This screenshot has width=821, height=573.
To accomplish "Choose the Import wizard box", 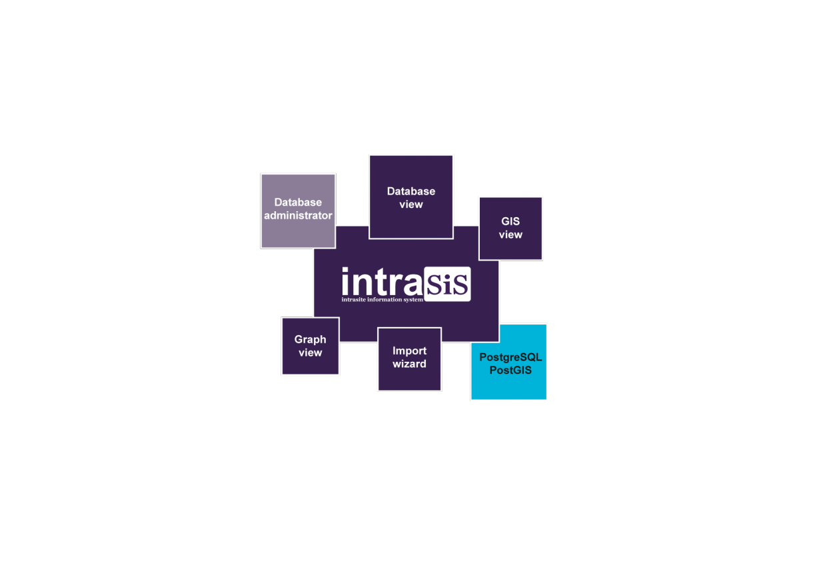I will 409,377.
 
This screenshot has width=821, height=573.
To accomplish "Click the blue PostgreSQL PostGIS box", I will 509,386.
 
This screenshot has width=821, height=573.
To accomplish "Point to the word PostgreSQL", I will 510,357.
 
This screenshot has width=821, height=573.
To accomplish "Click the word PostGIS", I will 510,370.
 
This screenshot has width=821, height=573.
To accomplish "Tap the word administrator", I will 298,215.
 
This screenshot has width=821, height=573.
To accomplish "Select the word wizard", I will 409,364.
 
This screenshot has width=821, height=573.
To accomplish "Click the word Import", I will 409,350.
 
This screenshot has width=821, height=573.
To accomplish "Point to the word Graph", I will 311,339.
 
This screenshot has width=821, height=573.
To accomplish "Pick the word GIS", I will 510,221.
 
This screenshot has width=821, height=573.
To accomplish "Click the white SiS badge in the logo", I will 448,285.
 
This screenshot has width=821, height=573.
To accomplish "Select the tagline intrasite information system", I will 383,300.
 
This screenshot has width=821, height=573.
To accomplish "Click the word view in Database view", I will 411,205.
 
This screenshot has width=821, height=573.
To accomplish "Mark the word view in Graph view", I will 311,352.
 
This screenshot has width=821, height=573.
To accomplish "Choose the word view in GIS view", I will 510,235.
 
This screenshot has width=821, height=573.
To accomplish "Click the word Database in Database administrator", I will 298,202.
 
